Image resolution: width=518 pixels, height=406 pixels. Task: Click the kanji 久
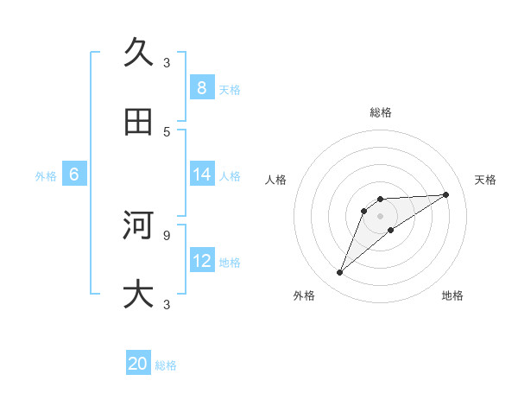[138, 53]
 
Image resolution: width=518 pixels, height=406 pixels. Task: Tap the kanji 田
[138, 122]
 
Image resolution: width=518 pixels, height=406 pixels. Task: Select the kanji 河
[138, 225]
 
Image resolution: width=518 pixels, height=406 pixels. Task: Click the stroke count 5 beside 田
[167, 131]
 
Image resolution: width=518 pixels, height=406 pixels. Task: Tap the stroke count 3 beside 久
[167, 62]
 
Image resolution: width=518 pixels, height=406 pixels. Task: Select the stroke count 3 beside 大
[167, 304]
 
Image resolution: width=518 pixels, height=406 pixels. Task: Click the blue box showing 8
[201, 87]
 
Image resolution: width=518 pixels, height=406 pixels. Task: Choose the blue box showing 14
[201, 174]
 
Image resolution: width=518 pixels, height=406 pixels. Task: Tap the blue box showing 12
[201, 261]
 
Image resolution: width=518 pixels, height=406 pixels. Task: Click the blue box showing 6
[73, 174]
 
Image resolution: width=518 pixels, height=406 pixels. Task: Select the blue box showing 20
[138, 364]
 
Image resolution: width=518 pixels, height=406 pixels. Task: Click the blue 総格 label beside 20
[166, 365]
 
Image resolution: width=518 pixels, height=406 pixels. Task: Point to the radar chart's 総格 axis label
[381, 112]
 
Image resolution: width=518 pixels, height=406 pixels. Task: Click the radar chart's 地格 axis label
[452, 296]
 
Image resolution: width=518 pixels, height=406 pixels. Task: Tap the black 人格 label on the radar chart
[276, 180]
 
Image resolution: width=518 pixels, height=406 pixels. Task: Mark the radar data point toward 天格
[446, 194]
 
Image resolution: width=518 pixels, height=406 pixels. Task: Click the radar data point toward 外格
[339, 273]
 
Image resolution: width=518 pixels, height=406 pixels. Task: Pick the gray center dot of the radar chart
[381, 216]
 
